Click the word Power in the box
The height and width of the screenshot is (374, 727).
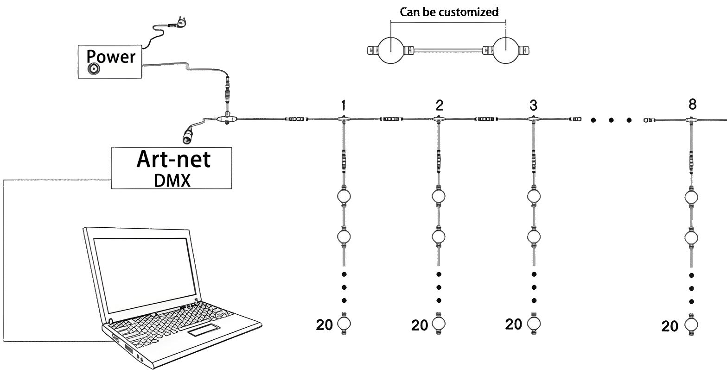(111, 56)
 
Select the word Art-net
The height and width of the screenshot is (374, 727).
(173, 160)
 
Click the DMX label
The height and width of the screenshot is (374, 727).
(172, 180)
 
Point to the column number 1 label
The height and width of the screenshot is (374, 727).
(343, 105)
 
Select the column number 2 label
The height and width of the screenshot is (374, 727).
(439, 105)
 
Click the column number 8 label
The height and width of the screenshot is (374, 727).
(692, 105)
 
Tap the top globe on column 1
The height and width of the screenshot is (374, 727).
(344, 196)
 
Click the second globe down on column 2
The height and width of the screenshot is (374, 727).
(439, 237)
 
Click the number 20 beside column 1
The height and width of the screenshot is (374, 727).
(324, 325)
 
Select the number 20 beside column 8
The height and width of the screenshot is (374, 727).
(670, 327)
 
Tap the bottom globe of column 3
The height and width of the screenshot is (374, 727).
(534, 323)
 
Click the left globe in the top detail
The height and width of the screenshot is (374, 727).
(391, 50)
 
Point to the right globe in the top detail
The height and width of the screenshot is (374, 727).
(505, 50)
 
